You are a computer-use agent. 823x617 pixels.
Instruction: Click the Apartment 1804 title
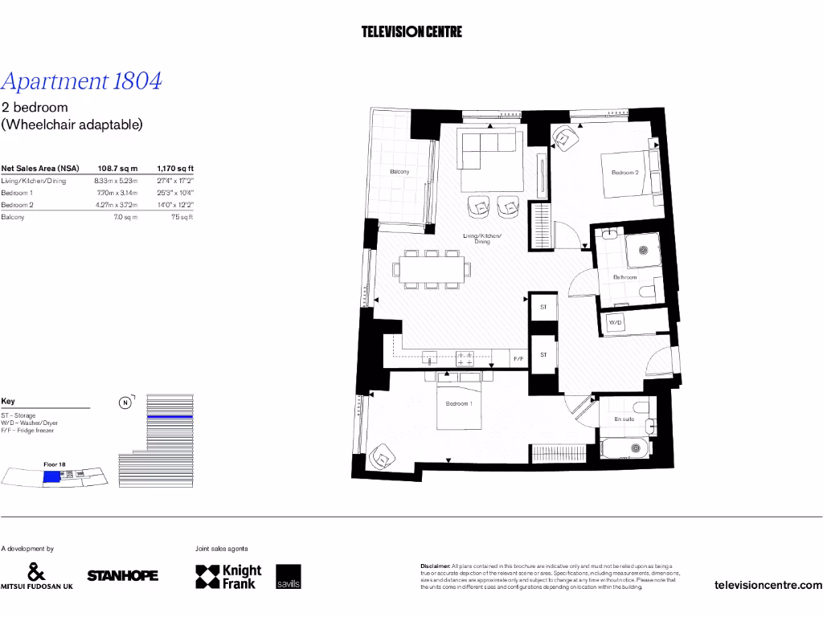click(82, 81)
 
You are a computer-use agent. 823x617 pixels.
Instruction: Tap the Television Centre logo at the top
click(411, 32)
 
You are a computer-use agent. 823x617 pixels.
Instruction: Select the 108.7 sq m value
click(117, 169)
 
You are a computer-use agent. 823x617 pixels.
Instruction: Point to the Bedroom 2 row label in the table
click(17, 205)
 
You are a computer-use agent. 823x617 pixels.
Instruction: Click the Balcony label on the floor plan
click(399, 172)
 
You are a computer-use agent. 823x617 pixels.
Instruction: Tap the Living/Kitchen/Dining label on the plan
click(481, 238)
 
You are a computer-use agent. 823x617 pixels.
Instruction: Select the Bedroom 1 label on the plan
click(459, 403)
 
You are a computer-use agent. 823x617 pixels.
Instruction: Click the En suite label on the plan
click(623, 419)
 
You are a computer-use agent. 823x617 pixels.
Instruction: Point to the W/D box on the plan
click(616, 322)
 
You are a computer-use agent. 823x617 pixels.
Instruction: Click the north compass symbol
click(125, 403)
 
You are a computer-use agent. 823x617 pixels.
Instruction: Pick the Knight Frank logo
click(229, 577)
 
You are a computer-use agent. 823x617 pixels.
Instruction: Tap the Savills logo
click(289, 577)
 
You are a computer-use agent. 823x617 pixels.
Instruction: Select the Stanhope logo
click(122, 575)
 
